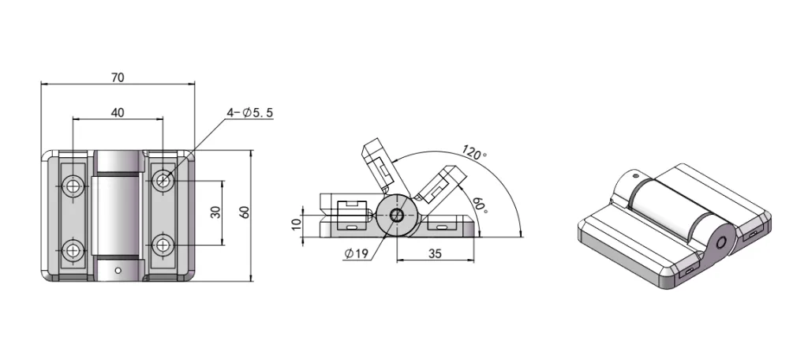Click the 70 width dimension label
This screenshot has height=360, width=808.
tap(118, 77)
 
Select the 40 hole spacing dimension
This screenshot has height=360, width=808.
tap(117, 113)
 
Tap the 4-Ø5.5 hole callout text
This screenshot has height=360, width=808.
tap(250, 114)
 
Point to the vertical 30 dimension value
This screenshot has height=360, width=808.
tap(215, 213)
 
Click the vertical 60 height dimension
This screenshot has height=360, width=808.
tap(244, 213)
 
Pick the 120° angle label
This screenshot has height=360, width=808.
tap(473, 152)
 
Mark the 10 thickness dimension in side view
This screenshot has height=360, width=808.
tap(298, 223)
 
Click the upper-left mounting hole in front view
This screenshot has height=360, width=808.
tap(73, 185)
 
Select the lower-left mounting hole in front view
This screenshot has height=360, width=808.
tap(73, 250)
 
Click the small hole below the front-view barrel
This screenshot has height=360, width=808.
tap(118, 270)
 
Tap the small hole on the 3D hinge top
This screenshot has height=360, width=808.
tap(635, 177)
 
